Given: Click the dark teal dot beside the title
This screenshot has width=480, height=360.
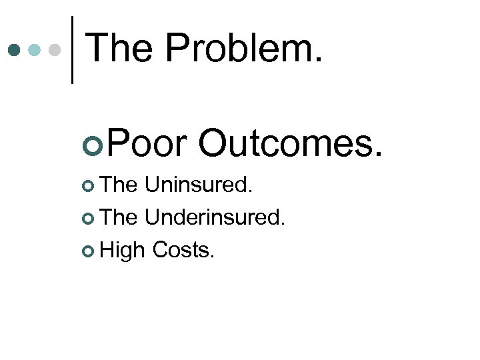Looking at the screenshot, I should pos(14,49).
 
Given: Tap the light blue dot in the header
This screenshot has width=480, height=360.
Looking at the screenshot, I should pos(35,49).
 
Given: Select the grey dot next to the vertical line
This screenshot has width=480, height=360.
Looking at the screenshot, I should pos(56,49).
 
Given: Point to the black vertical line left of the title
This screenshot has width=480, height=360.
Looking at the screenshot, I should pos(72,49).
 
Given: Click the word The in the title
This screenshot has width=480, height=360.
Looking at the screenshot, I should pos(120,48).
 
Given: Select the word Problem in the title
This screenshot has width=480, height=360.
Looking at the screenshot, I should pos(243,48).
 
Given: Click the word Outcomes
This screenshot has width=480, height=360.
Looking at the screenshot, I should pos(291,141).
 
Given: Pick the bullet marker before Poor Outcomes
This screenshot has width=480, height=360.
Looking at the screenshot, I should pos(94,142).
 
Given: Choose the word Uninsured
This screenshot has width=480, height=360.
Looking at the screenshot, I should pos(199,185).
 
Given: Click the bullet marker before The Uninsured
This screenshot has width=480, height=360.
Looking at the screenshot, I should pos(91,186).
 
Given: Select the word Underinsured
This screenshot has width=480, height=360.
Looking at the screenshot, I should pos(215,217).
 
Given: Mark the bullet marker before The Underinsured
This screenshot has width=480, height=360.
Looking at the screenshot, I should pos(91,218).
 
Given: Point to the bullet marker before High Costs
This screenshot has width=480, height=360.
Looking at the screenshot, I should pos(91,251).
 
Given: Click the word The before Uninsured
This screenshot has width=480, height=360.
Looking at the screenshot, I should pos(120,185).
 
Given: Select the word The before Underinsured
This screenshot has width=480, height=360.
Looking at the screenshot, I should pos(120,217).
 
